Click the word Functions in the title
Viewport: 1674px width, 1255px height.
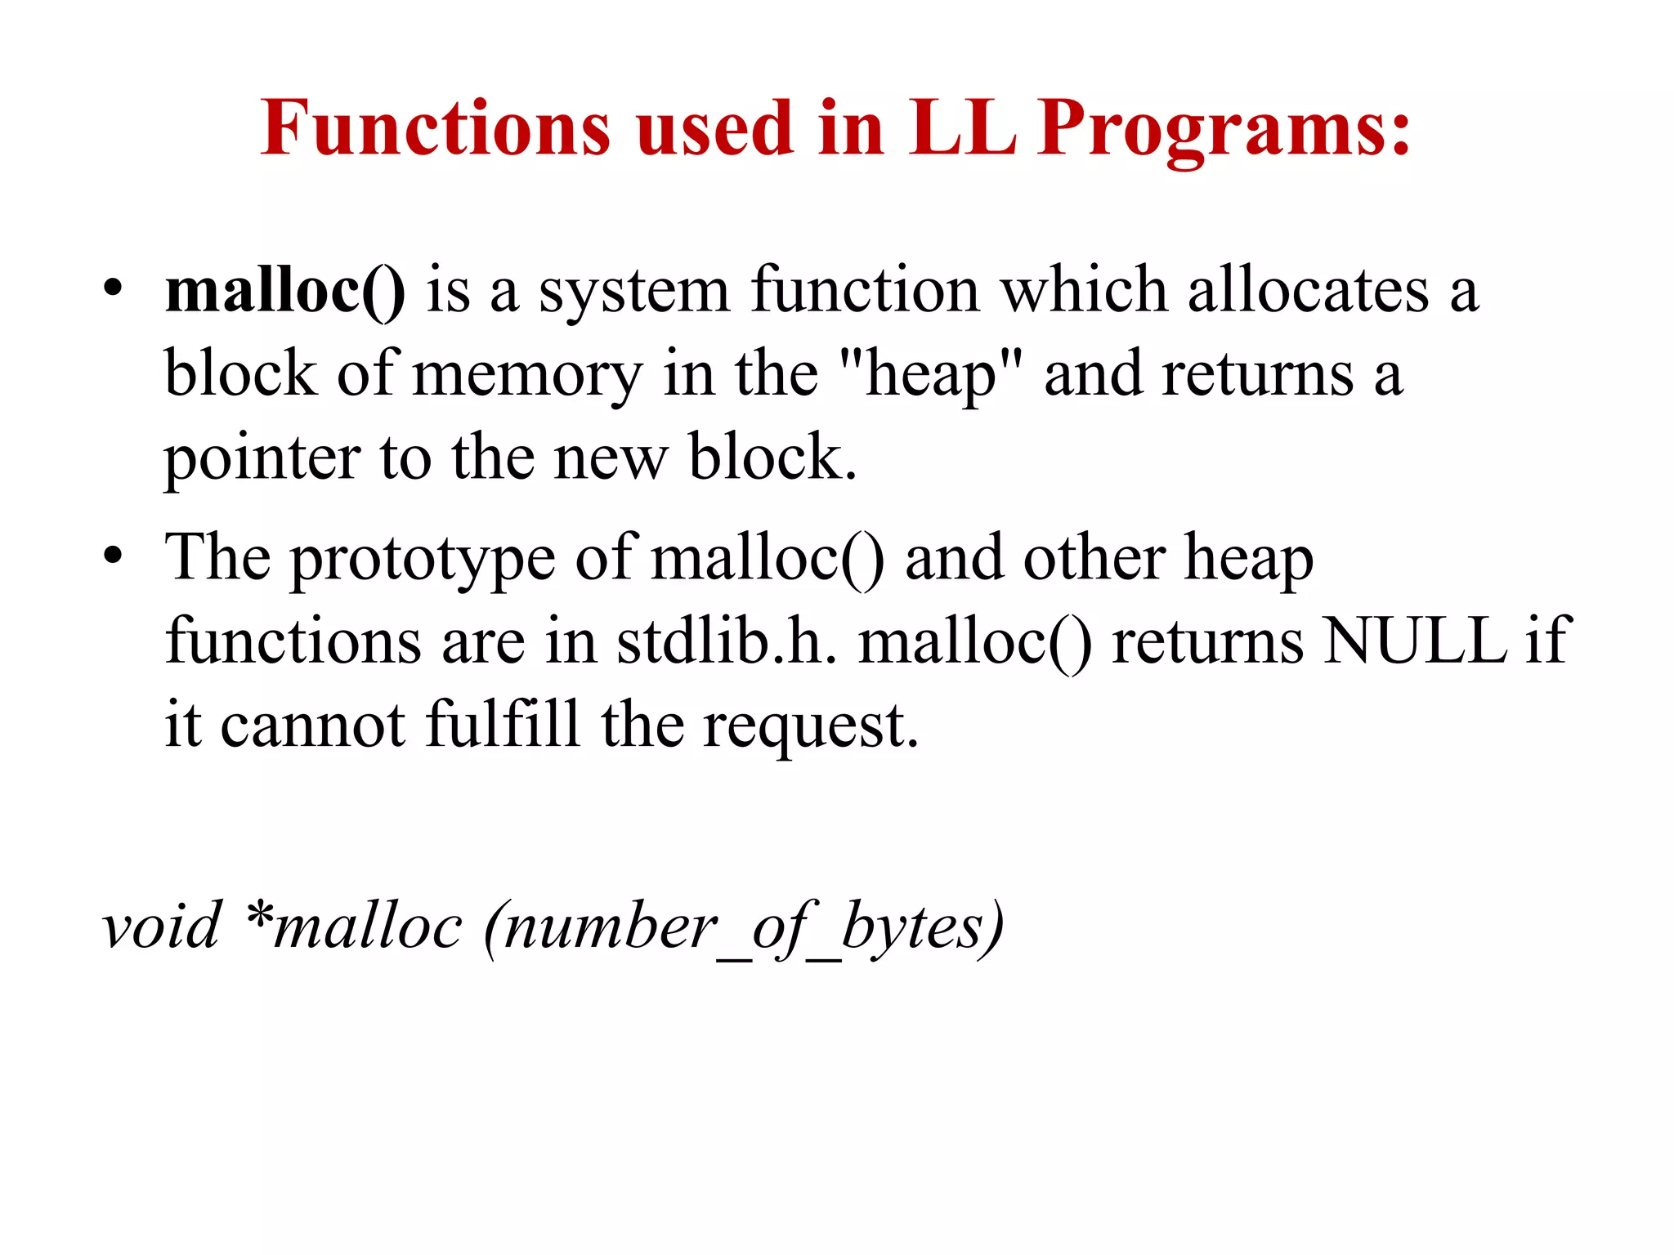coord(435,128)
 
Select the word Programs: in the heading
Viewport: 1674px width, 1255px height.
coord(1224,131)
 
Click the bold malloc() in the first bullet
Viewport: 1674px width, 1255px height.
coord(284,292)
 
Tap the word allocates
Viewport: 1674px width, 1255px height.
coord(1308,292)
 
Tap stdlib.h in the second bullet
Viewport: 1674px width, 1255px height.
coord(726,641)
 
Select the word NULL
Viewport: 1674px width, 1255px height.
coord(1414,641)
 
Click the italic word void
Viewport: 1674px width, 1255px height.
coord(161,927)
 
